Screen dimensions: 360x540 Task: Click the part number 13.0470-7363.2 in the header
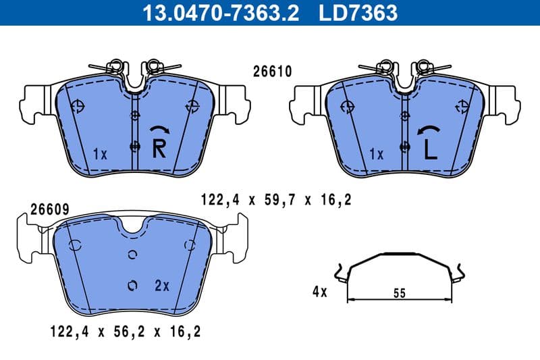[x=219, y=12]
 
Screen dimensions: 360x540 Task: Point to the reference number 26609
[x=49, y=210]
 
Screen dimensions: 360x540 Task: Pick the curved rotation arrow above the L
[x=430, y=130]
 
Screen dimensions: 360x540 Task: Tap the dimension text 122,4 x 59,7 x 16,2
[x=276, y=199]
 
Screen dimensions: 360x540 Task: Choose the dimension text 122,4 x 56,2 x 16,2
[x=125, y=332]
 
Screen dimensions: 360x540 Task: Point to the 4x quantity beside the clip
[x=319, y=292]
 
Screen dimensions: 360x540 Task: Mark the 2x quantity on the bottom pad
[x=161, y=286]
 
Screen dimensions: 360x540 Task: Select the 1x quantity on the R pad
[x=100, y=154]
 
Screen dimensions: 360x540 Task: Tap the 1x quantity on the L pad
[x=377, y=154]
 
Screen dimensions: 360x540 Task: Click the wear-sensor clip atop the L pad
[x=405, y=68]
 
